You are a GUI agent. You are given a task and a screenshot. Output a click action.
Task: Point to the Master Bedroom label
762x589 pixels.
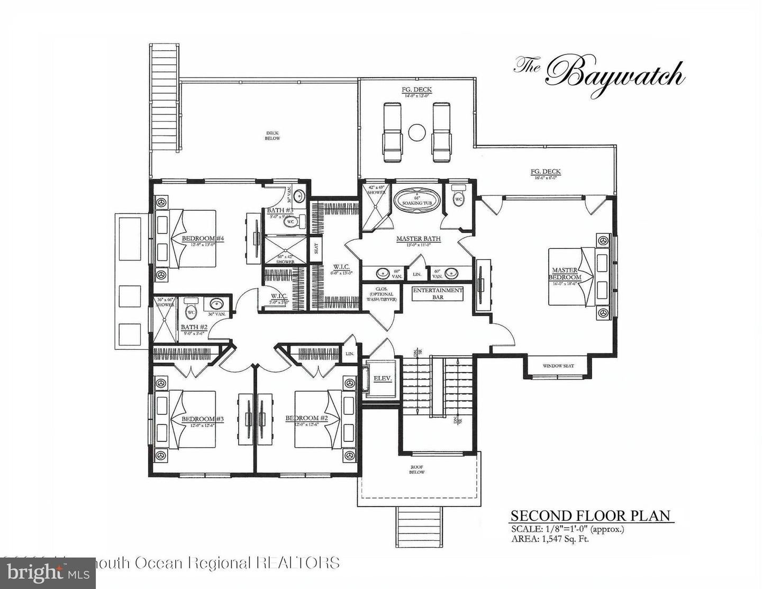[x=565, y=274]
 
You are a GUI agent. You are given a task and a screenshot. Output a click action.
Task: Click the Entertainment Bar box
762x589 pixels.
[x=438, y=294]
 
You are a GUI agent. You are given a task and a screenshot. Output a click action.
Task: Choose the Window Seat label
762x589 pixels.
[x=558, y=366]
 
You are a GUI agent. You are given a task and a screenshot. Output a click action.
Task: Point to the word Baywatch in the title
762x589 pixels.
[x=614, y=74]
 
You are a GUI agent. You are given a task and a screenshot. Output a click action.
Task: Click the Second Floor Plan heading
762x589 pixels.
[x=590, y=515]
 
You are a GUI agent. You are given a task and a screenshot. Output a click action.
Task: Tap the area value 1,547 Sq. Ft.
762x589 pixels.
[x=564, y=539]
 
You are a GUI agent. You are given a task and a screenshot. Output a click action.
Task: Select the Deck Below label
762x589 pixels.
[x=272, y=135]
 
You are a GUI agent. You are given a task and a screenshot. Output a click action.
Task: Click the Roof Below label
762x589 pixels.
[x=418, y=469]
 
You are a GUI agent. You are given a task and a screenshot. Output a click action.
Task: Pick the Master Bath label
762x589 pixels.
[x=418, y=239]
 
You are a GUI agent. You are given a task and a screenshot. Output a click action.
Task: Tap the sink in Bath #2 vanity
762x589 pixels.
[x=216, y=304]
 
